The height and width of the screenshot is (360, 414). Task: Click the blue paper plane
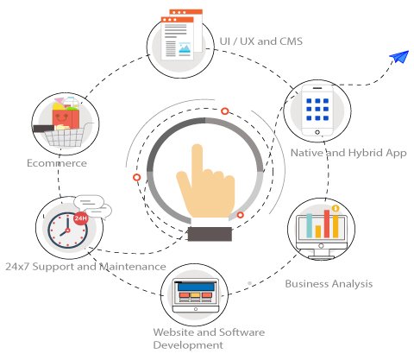(x=400, y=57)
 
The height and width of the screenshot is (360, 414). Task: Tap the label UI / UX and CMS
(x=261, y=41)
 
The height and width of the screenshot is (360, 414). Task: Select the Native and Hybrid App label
(x=348, y=153)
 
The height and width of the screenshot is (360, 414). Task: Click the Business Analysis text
(x=329, y=284)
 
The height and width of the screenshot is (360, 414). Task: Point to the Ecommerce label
(x=57, y=163)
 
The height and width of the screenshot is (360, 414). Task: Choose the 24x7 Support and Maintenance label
(x=85, y=267)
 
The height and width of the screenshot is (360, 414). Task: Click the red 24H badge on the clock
(x=80, y=218)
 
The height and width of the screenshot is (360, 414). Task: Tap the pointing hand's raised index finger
(x=198, y=160)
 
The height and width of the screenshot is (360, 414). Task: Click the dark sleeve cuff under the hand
(x=210, y=234)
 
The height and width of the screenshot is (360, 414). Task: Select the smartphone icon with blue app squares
(x=317, y=111)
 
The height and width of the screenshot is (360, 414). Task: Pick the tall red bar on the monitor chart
(x=327, y=224)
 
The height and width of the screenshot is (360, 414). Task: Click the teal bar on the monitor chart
(x=310, y=225)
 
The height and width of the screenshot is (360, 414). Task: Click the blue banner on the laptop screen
(x=196, y=287)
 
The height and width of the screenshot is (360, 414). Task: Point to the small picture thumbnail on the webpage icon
(x=185, y=47)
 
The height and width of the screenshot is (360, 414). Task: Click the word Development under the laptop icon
(x=188, y=344)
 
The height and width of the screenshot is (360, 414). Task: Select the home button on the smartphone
(x=317, y=132)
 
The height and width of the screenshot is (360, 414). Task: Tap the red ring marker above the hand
(x=225, y=111)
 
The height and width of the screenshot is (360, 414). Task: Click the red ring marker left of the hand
(x=137, y=177)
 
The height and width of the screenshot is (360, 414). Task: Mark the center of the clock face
(x=67, y=231)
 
